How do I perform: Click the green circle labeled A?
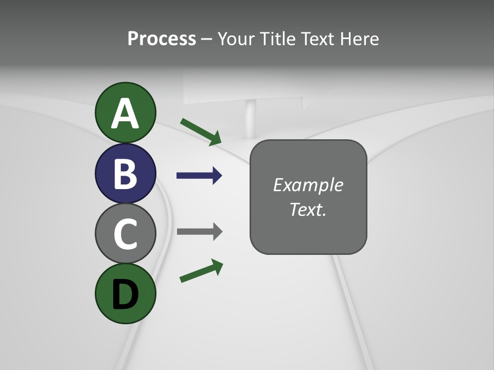point(126,113)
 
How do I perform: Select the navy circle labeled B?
point(126,173)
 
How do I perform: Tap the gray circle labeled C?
point(126,233)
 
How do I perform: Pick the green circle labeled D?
point(126,293)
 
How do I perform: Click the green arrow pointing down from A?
point(200,131)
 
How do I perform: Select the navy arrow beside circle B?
point(199,176)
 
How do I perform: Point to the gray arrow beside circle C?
point(199,231)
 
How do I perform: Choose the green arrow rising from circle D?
point(201,271)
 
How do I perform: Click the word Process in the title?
point(162,39)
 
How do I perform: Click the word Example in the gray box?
point(308,185)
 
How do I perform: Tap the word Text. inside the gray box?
point(308,209)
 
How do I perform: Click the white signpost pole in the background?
point(251,121)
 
